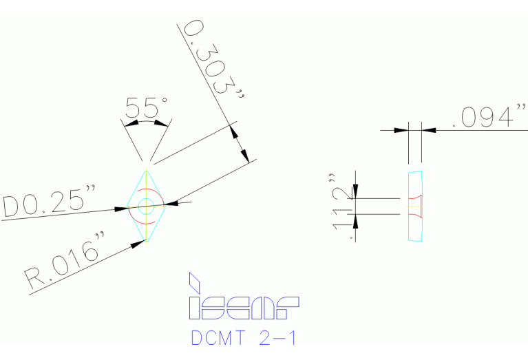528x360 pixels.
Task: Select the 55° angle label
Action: [146, 108]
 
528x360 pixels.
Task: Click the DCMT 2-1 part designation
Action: [244, 337]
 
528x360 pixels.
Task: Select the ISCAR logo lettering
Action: [244, 308]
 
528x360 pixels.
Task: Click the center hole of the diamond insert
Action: [146, 204]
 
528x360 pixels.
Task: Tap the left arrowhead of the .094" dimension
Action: [401, 129]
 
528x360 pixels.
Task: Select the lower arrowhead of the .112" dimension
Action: [356, 220]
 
